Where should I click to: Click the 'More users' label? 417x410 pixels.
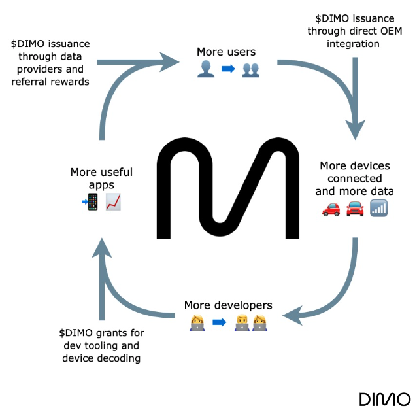point(227,51)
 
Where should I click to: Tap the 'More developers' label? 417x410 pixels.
point(227,305)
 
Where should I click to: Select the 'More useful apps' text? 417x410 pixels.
point(101,178)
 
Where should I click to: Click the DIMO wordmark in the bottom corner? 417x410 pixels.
point(384,399)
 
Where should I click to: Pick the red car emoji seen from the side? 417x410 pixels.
point(331,209)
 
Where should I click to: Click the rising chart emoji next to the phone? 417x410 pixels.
point(114,202)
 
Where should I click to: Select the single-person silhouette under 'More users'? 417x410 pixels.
point(205,69)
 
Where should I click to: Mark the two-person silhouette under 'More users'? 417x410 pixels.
point(250,69)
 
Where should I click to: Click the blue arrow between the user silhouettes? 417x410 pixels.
point(227,69)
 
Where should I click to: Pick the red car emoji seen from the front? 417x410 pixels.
point(356,209)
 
